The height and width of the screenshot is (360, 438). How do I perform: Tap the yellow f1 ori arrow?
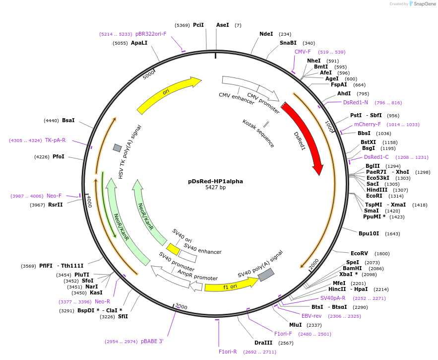[231, 286]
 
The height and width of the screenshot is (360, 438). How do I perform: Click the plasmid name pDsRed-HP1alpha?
[215, 181]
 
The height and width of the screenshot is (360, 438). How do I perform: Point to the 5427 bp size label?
[215, 188]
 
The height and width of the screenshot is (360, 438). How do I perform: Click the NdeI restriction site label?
[266, 34]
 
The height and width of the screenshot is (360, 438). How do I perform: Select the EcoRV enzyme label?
[359, 253]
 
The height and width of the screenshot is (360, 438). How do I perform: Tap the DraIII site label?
[263, 343]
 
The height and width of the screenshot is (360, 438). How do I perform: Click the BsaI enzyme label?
[68, 120]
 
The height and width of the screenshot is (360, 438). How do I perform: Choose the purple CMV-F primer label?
[302, 52]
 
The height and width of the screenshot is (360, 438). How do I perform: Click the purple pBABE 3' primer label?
[152, 342]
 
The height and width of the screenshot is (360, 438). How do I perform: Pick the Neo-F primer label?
[54, 196]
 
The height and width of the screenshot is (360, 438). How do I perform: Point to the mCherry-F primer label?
[367, 125]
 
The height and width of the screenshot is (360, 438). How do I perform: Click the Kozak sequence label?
[258, 133]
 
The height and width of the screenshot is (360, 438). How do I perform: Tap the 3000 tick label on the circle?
[182, 307]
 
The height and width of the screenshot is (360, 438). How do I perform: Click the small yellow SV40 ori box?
[173, 249]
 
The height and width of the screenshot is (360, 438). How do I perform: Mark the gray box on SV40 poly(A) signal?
[266, 274]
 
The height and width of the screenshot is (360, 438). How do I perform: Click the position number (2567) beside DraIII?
[286, 343]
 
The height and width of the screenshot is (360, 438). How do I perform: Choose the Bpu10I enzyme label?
[369, 233]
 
